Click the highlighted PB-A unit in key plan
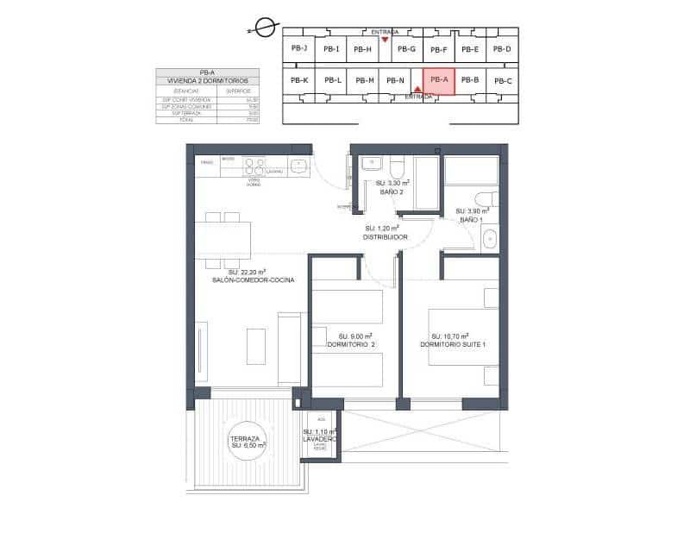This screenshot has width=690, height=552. tap(438, 81)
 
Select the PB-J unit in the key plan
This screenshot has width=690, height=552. tap(299, 48)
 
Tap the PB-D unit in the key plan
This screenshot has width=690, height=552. tap(502, 49)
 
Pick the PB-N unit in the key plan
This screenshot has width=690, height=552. tap(396, 81)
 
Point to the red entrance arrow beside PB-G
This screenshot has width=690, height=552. tap(386, 40)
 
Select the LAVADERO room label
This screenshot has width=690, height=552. tap(319, 440)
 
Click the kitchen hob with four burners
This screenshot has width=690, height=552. tap(254, 166)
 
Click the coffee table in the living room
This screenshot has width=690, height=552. tap(257, 347)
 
